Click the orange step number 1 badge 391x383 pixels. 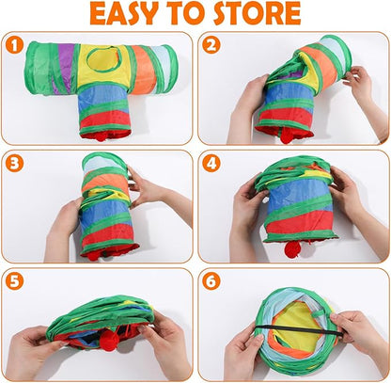(13, 44)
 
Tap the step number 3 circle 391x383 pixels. (13, 162)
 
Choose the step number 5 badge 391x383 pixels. (13, 280)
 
